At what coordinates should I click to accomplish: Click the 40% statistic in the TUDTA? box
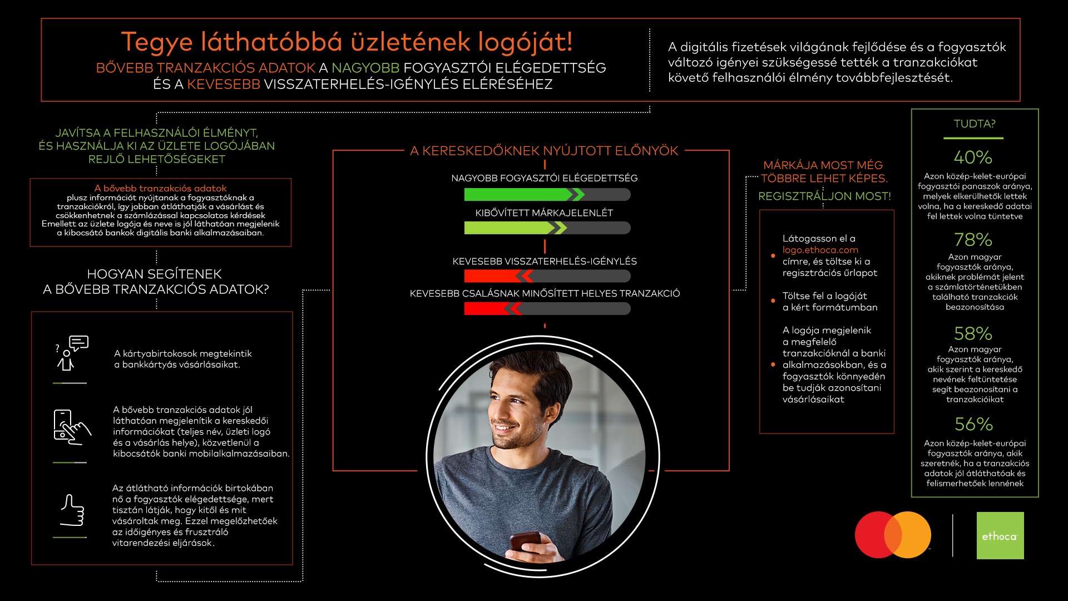pyautogui.click(x=973, y=157)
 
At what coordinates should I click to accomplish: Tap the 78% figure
pyautogui.click(x=973, y=240)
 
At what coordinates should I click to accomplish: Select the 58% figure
pyautogui.click(x=973, y=334)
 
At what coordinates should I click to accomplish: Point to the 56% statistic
pyautogui.click(x=973, y=425)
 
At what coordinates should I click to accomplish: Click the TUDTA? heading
pyautogui.click(x=975, y=124)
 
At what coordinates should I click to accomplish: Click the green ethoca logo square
pyautogui.click(x=1000, y=535)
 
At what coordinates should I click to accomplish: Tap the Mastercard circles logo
pyautogui.click(x=893, y=535)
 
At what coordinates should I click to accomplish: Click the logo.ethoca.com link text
pyautogui.click(x=820, y=250)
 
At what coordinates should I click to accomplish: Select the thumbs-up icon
pyautogui.click(x=72, y=510)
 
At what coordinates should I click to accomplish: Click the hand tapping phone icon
pyautogui.click(x=71, y=427)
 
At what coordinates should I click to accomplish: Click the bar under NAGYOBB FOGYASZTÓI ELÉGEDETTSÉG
pyautogui.click(x=547, y=194)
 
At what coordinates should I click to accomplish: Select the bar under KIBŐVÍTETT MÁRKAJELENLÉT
pyautogui.click(x=547, y=228)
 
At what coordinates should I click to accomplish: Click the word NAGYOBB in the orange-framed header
pyautogui.click(x=365, y=68)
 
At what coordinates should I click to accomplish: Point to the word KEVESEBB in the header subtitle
pyautogui.click(x=224, y=85)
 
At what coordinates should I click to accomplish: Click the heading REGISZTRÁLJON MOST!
pyautogui.click(x=824, y=196)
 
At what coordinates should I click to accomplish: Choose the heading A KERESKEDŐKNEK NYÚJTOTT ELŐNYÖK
pyautogui.click(x=544, y=151)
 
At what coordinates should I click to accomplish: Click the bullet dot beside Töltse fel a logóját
pyautogui.click(x=773, y=301)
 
